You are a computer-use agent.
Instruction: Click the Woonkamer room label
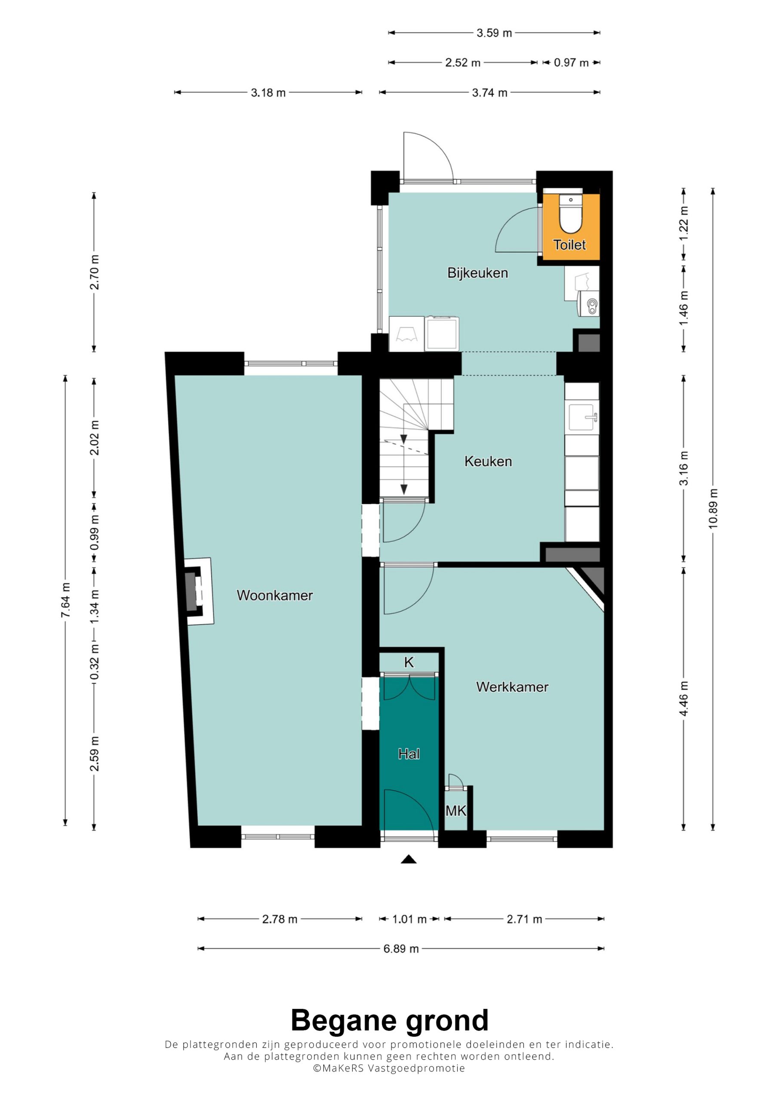pos(275,595)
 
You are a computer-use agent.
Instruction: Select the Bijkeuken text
pos(478,273)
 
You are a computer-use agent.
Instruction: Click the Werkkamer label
pos(512,687)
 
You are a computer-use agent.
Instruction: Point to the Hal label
pos(409,754)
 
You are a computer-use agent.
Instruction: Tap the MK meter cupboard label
pos(456,811)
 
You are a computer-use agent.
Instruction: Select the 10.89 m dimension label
pos(713,509)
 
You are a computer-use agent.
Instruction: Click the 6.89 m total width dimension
pos(401,948)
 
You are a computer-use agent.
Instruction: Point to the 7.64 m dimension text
pos(66,601)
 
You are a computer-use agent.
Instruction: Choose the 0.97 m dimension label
pos(571,62)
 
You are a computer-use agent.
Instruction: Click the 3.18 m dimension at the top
pos(268,93)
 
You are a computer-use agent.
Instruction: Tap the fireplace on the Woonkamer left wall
pos(199,591)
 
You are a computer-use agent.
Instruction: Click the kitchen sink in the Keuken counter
pos(582,417)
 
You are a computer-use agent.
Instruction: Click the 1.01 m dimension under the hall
pos(409,919)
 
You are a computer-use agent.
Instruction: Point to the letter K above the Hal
pos(409,662)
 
